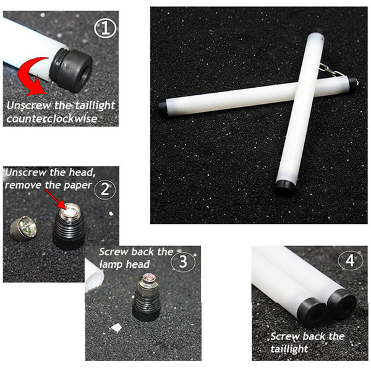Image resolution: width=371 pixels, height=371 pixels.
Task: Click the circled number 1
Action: (105, 28)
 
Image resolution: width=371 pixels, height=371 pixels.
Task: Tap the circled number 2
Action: (105, 189)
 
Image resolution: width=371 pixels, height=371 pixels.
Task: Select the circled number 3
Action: (184, 262)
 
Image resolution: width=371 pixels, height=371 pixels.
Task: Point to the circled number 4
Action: (350, 260)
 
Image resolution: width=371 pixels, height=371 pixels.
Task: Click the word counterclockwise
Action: (52, 118)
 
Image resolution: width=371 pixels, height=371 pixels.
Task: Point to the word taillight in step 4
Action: (289, 349)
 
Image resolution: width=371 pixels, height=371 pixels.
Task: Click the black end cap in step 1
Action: (72, 70)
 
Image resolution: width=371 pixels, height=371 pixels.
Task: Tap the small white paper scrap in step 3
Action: (116, 328)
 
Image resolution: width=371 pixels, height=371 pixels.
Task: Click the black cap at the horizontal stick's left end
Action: (162, 109)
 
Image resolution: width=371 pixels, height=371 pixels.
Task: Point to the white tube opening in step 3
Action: (94, 275)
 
